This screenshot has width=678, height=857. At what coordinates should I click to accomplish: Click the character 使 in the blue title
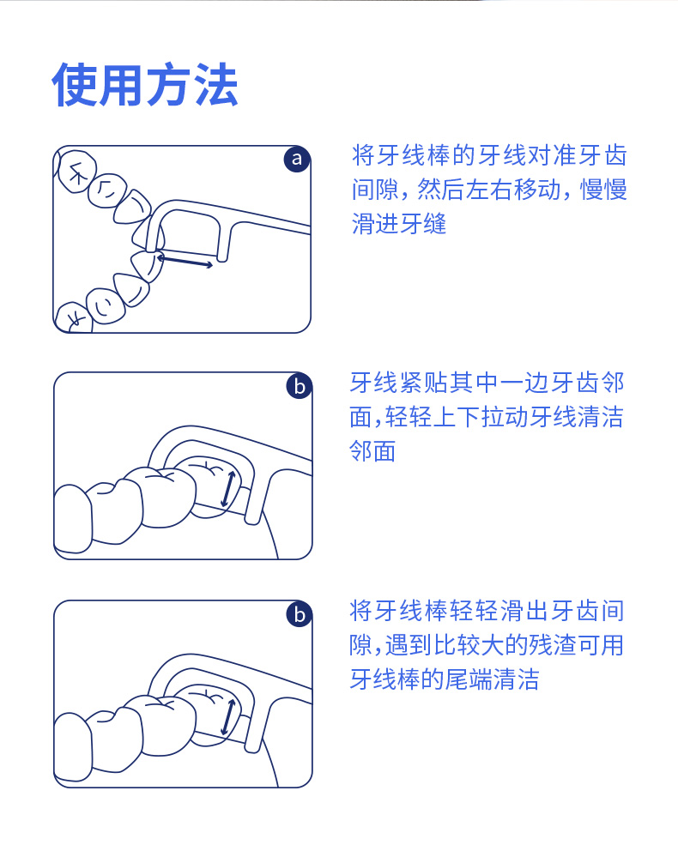[76, 85]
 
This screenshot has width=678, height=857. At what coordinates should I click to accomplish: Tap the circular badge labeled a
[297, 159]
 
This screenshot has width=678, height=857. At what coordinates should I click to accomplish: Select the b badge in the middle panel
[299, 386]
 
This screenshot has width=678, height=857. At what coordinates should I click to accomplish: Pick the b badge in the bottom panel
[299, 613]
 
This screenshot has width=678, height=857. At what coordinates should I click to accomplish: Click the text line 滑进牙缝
[399, 224]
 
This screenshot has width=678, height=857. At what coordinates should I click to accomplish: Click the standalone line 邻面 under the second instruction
[372, 451]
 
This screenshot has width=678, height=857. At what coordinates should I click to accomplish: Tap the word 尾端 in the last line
[469, 679]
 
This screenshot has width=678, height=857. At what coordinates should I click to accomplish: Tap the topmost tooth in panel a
[77, 172]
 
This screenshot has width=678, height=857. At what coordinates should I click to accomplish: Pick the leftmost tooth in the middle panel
[73, 519]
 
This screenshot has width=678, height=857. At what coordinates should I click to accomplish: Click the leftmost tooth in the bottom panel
[73, 747]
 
